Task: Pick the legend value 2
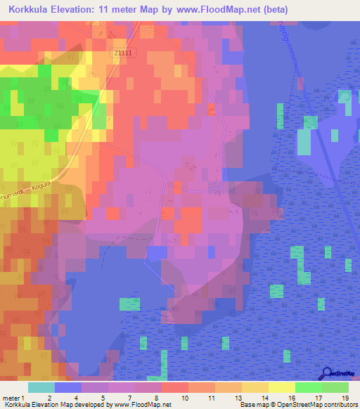(x=49, y=398)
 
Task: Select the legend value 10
(x=185, y=398)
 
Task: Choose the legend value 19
(x=345, y=398)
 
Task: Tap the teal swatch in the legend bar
(x=41, y=387)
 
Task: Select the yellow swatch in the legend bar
(x=282, y=387)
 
